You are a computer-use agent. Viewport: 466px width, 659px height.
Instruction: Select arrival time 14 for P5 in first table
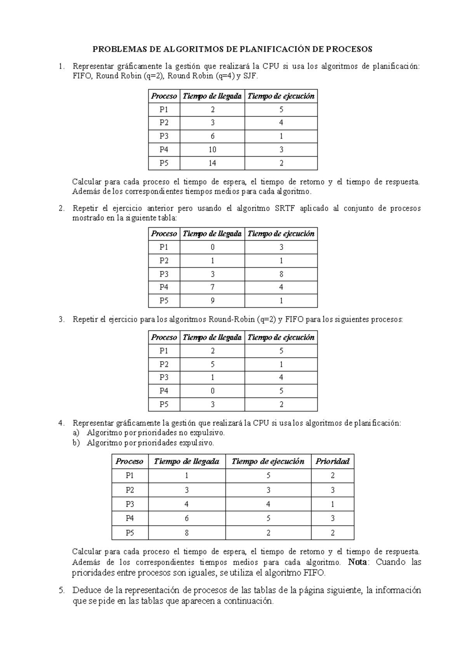pos(212,163)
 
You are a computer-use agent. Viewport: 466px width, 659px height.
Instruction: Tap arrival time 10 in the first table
pos(212,150)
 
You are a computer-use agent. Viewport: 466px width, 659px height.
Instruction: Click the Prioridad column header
pos(332,461)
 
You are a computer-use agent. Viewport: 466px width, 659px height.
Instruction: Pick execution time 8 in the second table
pos(281,274)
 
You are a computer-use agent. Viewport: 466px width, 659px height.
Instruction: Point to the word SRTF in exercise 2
pos(285,208)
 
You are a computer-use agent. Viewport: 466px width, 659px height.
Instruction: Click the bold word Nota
pos(356,562)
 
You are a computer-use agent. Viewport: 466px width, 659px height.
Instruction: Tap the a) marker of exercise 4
pos(76,433)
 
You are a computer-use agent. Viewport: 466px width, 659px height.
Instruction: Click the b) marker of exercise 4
pos(76,443)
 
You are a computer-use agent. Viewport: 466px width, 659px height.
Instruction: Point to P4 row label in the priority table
pos(130,518)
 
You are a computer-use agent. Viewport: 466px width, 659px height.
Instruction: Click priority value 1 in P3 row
pos(332,504)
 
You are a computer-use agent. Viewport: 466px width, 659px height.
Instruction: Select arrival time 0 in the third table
pos(212,391)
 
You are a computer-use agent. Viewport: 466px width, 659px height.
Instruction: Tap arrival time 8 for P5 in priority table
pos(187,533)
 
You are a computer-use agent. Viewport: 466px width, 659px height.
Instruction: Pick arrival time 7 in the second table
pos(212,288)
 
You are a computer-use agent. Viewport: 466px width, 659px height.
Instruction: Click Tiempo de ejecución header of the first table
pos(281,96)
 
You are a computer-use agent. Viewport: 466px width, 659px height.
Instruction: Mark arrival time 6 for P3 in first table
pos(212,136)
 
